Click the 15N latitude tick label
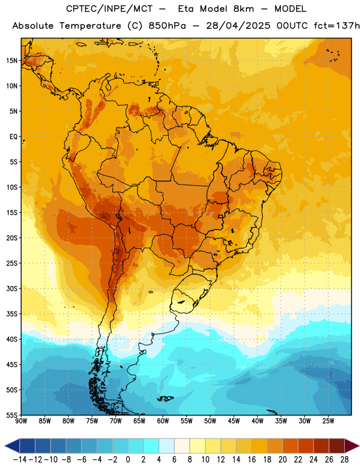click(12, 61)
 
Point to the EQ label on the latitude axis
click(13, 137)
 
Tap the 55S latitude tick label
click(12, 415)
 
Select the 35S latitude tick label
click(12, 314)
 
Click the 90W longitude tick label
click(21, 421)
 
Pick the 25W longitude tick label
click(328, 421)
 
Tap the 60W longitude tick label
click(163, 421)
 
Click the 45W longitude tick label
click(234, 421)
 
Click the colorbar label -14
click(20, 460)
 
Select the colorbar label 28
click(344, 460)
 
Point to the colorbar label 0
click(128, 460)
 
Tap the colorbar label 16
click(252, 460)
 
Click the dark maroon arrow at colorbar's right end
click(352, 446)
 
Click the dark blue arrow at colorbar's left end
click(12, 446)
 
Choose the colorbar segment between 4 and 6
click(167, 446)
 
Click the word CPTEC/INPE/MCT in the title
click(110, 9)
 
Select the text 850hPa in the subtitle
click(167, 26)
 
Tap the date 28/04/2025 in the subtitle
click(238, 26)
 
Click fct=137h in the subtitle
click(337, 26)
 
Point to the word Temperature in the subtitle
click(90, 26)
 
